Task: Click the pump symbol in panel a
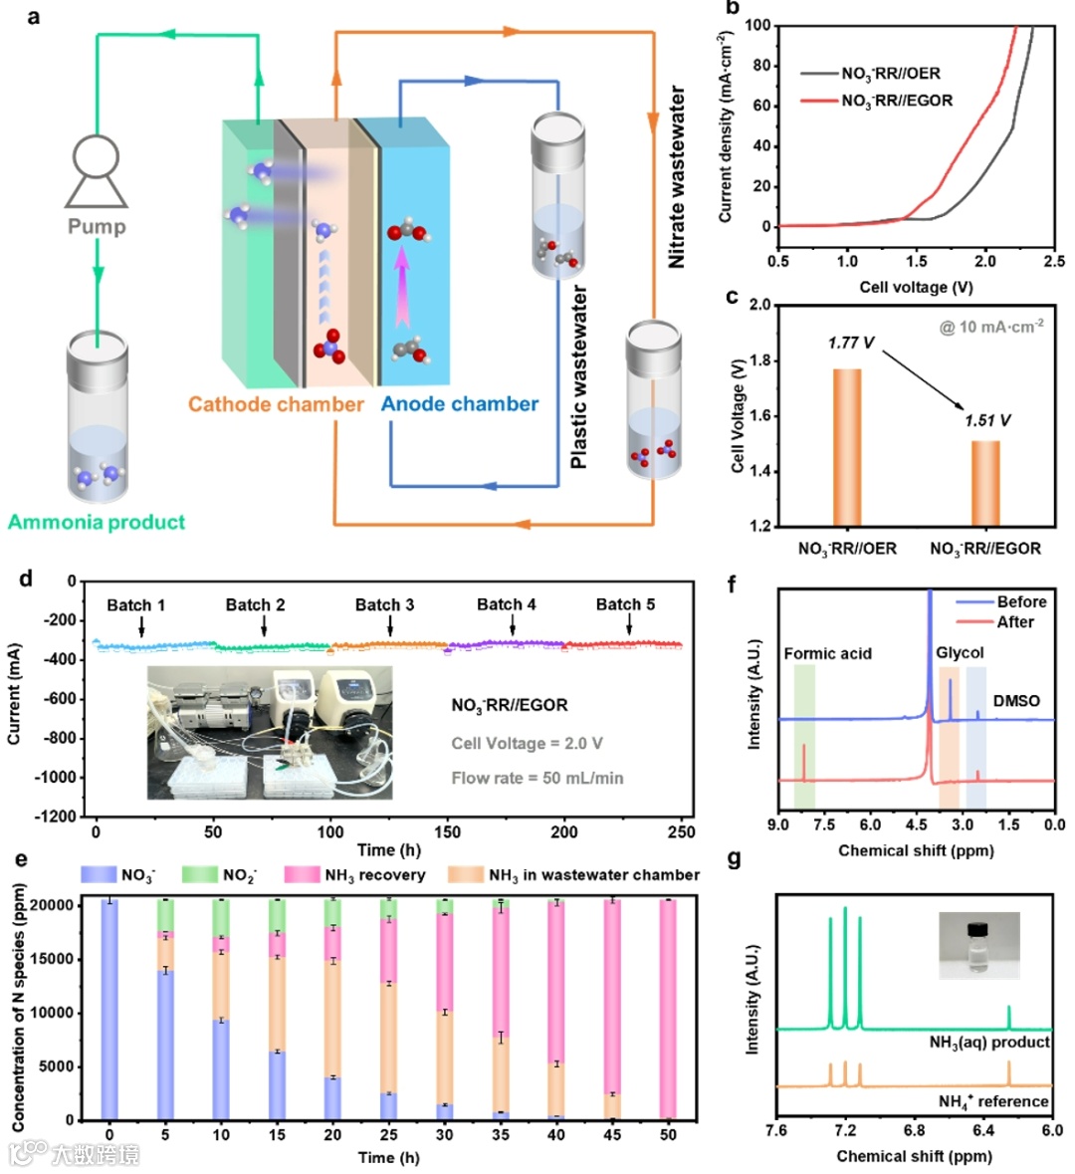pos(97,171)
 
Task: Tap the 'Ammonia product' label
pos(97,522)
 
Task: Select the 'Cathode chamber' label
pos(276,404)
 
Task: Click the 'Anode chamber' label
pos(460,404)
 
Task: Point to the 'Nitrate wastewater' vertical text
pos(677,177)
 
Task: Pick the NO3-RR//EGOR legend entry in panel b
pos(896,101)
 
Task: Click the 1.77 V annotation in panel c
pos(851,343)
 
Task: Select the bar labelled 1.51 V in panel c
pos(985,483)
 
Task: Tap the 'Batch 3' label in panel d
pos(384,604)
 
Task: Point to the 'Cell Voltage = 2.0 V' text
pos(527,743)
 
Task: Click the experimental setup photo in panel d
pos(270,733)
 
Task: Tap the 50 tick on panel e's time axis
pos(668,1134)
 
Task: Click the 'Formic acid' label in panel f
pos(827,653)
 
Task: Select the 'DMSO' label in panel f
pos(1015,701)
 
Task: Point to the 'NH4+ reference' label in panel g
pos(992,1101)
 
